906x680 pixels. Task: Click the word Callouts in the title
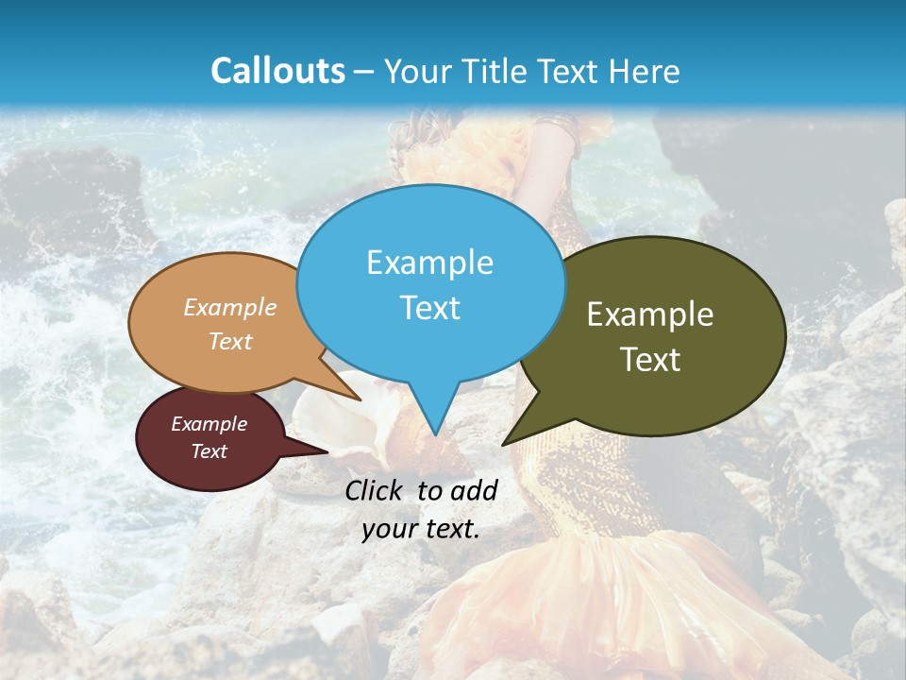pyautogui.click(x=278, y=71)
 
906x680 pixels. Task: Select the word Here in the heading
pyautogui.click(x=644, y=71)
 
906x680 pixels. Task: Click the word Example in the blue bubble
pyautogui.click(x=429, y=263)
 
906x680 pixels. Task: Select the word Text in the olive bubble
pyautogui.click(x=650, y=360)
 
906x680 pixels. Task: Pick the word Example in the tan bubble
pyautogui.click(x=230, y=308)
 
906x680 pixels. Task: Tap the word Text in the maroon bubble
pyautogui.click(x=210, y=451)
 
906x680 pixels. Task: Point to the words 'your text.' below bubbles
pyautogui.click(x=421, y=529)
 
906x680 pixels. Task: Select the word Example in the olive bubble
pyautogui.click(x=650, y=314)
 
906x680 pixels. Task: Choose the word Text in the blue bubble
pyautogui.click(x=430, y=308)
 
